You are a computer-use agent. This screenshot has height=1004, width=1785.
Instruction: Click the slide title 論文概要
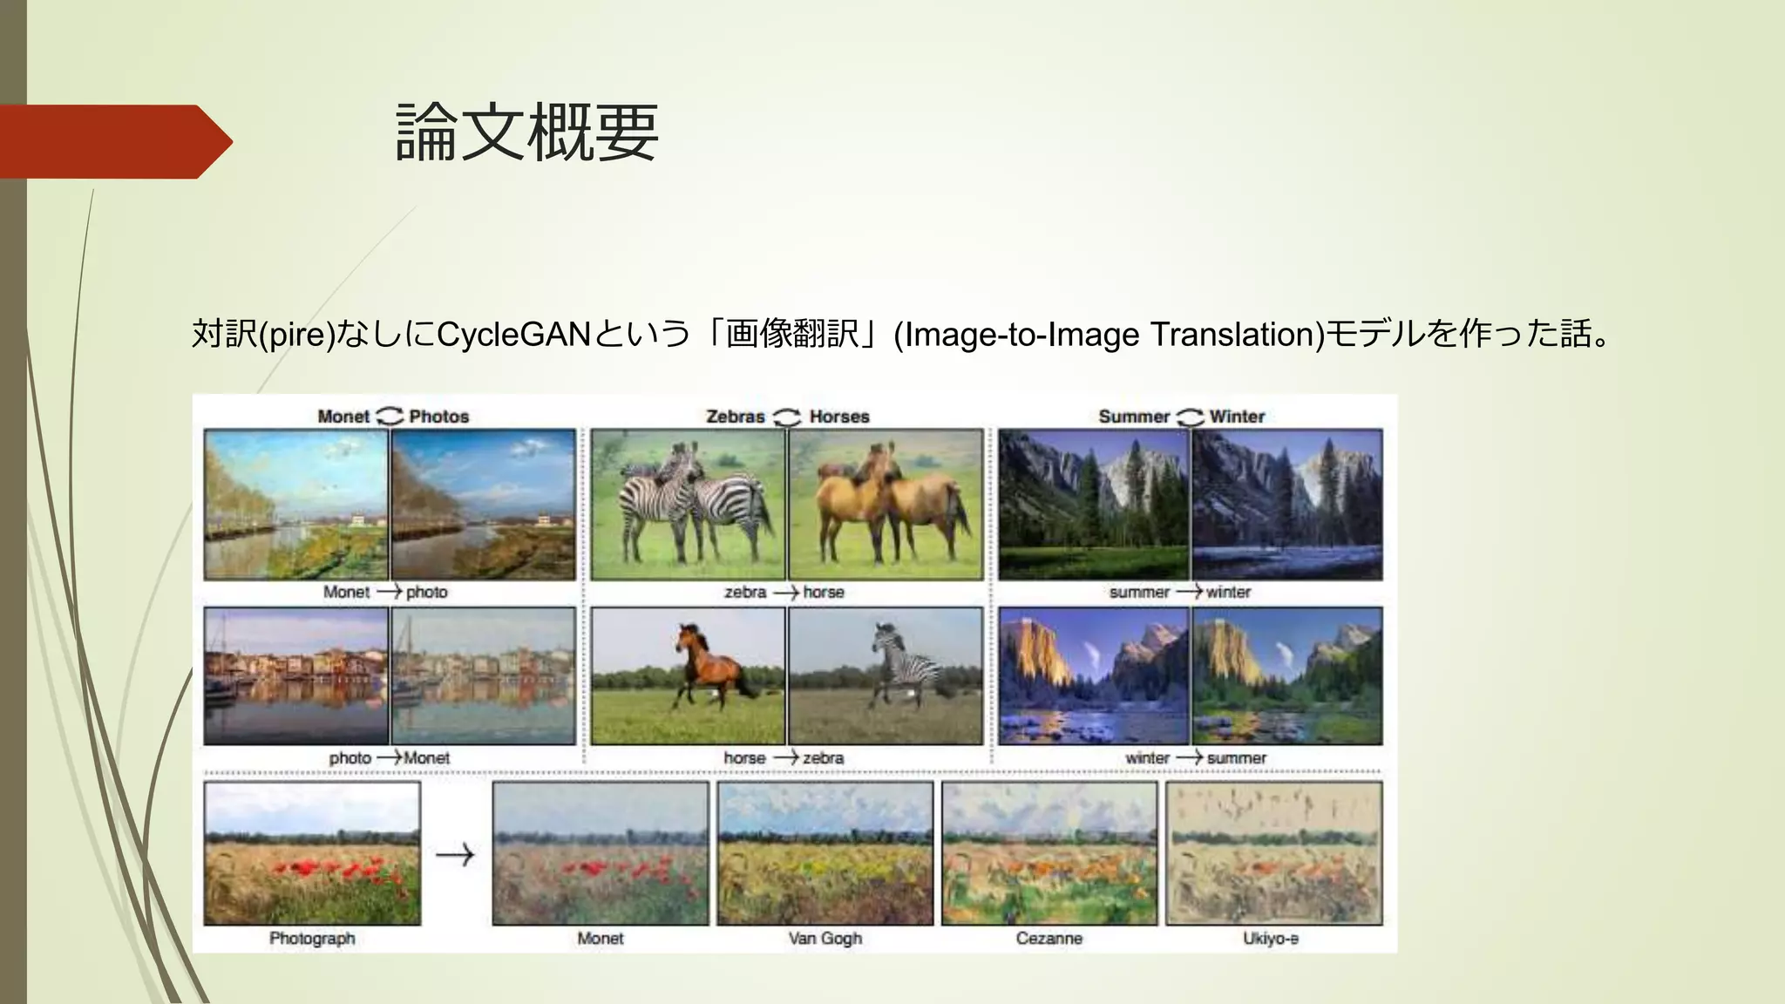[526, 132]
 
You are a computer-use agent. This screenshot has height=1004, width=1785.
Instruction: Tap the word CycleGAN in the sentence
[513, 335]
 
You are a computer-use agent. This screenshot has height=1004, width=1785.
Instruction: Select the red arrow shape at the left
[113, 142]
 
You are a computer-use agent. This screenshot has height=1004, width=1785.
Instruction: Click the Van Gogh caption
[825, 939]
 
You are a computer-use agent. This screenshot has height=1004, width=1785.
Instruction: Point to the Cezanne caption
[1049, 939]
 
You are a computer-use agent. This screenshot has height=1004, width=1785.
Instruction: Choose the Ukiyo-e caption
[1271, 939]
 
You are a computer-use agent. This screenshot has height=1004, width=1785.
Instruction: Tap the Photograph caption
[312, 939]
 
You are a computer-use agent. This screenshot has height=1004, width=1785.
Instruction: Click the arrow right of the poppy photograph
[455, 855]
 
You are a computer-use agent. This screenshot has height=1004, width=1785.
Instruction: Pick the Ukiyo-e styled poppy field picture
[1273, 853]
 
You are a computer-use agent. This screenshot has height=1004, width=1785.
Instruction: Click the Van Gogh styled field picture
[825, 853]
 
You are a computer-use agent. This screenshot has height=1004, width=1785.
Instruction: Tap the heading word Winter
[1237, 417]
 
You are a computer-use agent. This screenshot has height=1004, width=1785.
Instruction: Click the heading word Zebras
[735, 417]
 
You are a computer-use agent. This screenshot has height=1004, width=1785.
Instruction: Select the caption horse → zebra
[784, 758]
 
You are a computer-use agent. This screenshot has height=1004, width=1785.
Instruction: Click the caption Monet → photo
[385, 593]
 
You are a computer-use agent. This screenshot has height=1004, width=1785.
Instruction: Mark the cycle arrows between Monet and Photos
[390, 417]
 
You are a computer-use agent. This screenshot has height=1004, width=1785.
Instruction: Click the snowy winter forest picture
[1286, 505]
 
